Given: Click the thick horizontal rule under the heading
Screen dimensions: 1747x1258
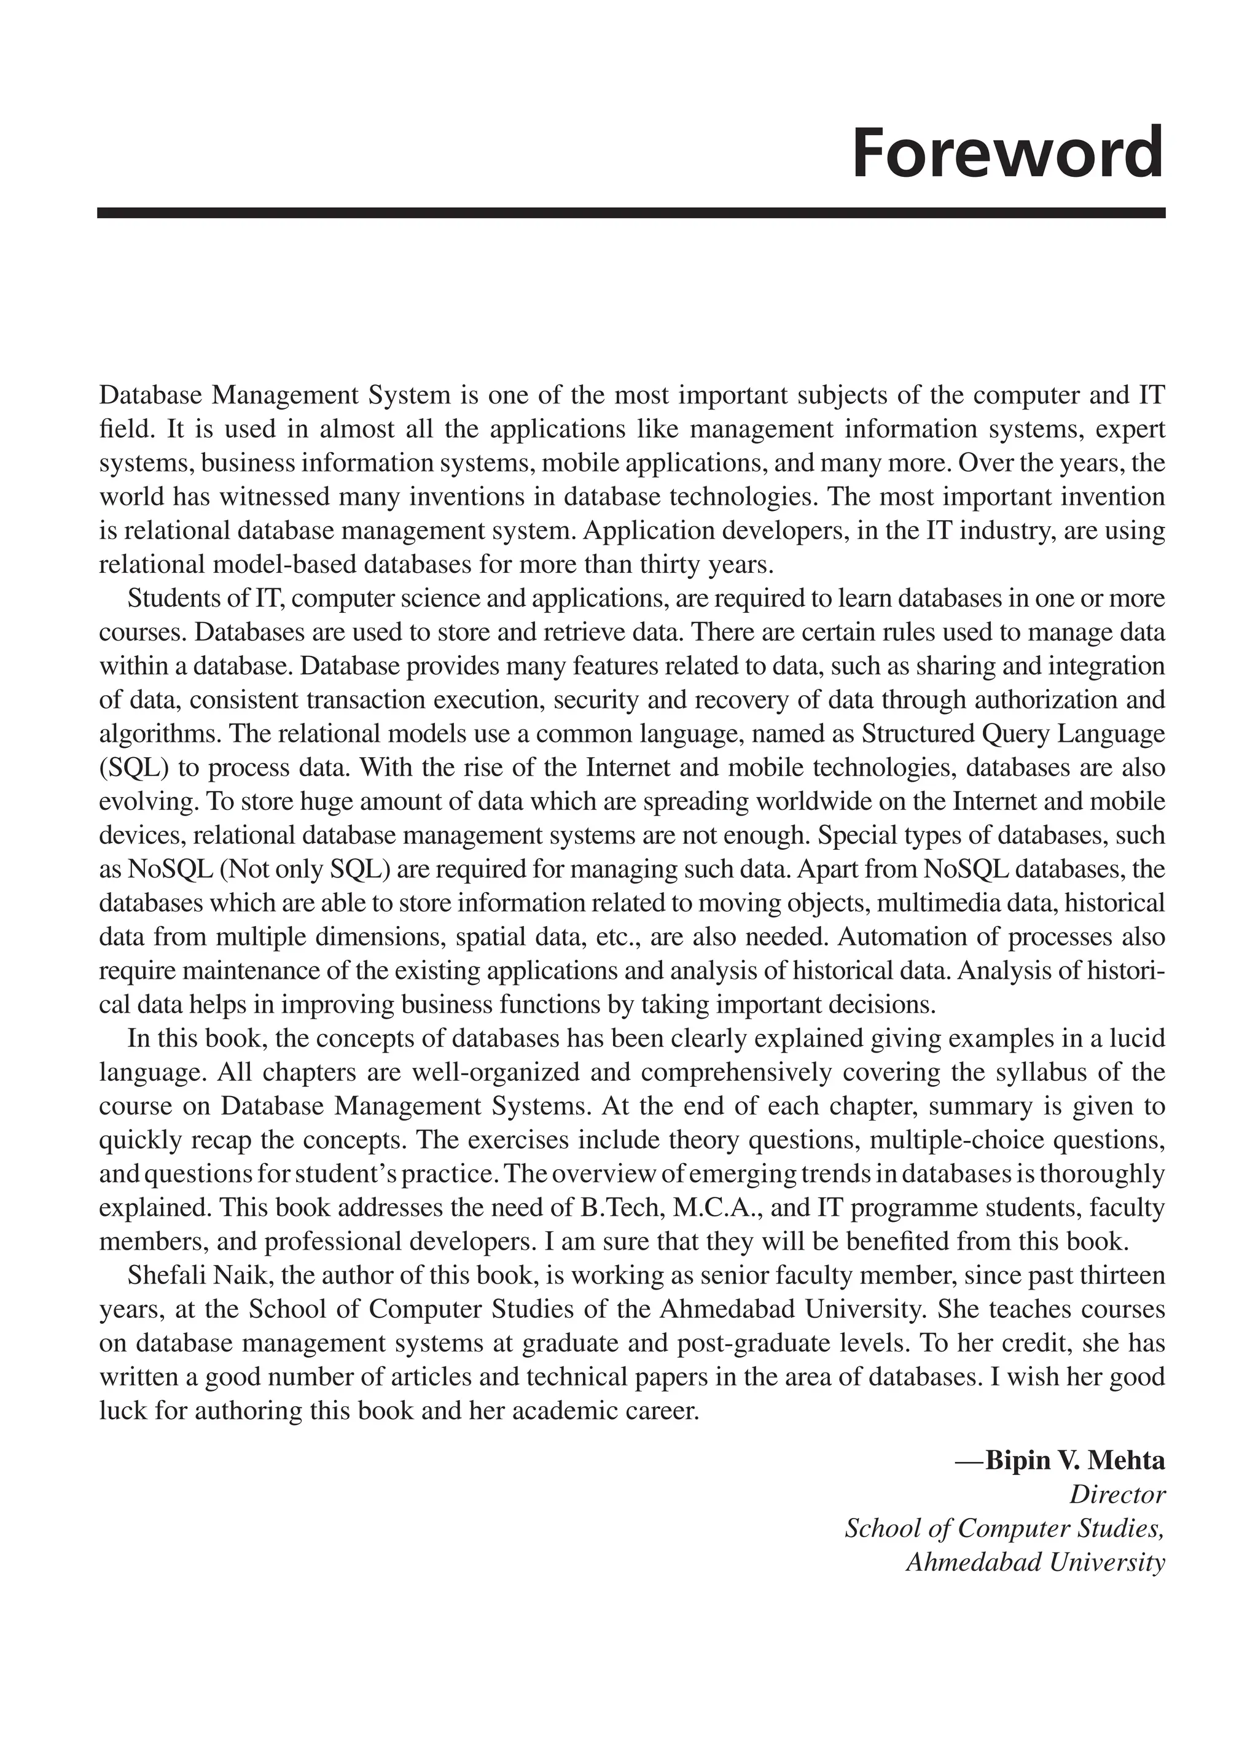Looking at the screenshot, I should [x=630, y=212].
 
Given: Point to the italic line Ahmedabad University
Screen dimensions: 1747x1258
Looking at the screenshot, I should [x=1034, y=1562].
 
